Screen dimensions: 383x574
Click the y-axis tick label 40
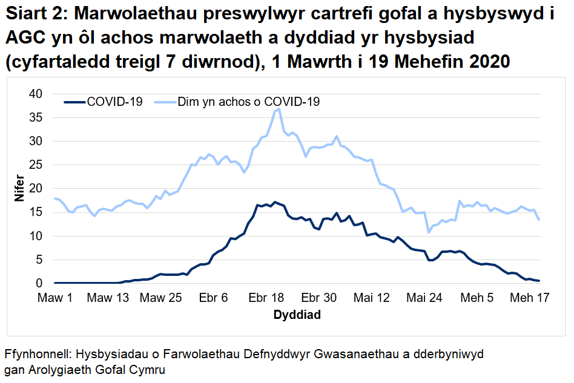click(37, 94)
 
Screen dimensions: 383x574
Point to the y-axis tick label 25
click(37, 165)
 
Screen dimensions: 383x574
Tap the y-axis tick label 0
click(40, 283)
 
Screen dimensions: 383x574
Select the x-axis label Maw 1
click(54, 298)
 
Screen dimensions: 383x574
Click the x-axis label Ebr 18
click(266, 298)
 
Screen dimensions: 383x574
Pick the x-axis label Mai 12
click(372, 298)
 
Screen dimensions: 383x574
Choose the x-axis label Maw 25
click(160, 298)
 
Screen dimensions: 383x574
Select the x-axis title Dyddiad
click(297, 315)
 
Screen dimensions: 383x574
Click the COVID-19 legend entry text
click(114, 102)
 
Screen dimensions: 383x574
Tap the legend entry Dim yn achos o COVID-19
click(248, 102)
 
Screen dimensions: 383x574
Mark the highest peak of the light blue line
click(279, 109)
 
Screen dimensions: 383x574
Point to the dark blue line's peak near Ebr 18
click(275, 202)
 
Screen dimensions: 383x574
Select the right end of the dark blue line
click(539, 281)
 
